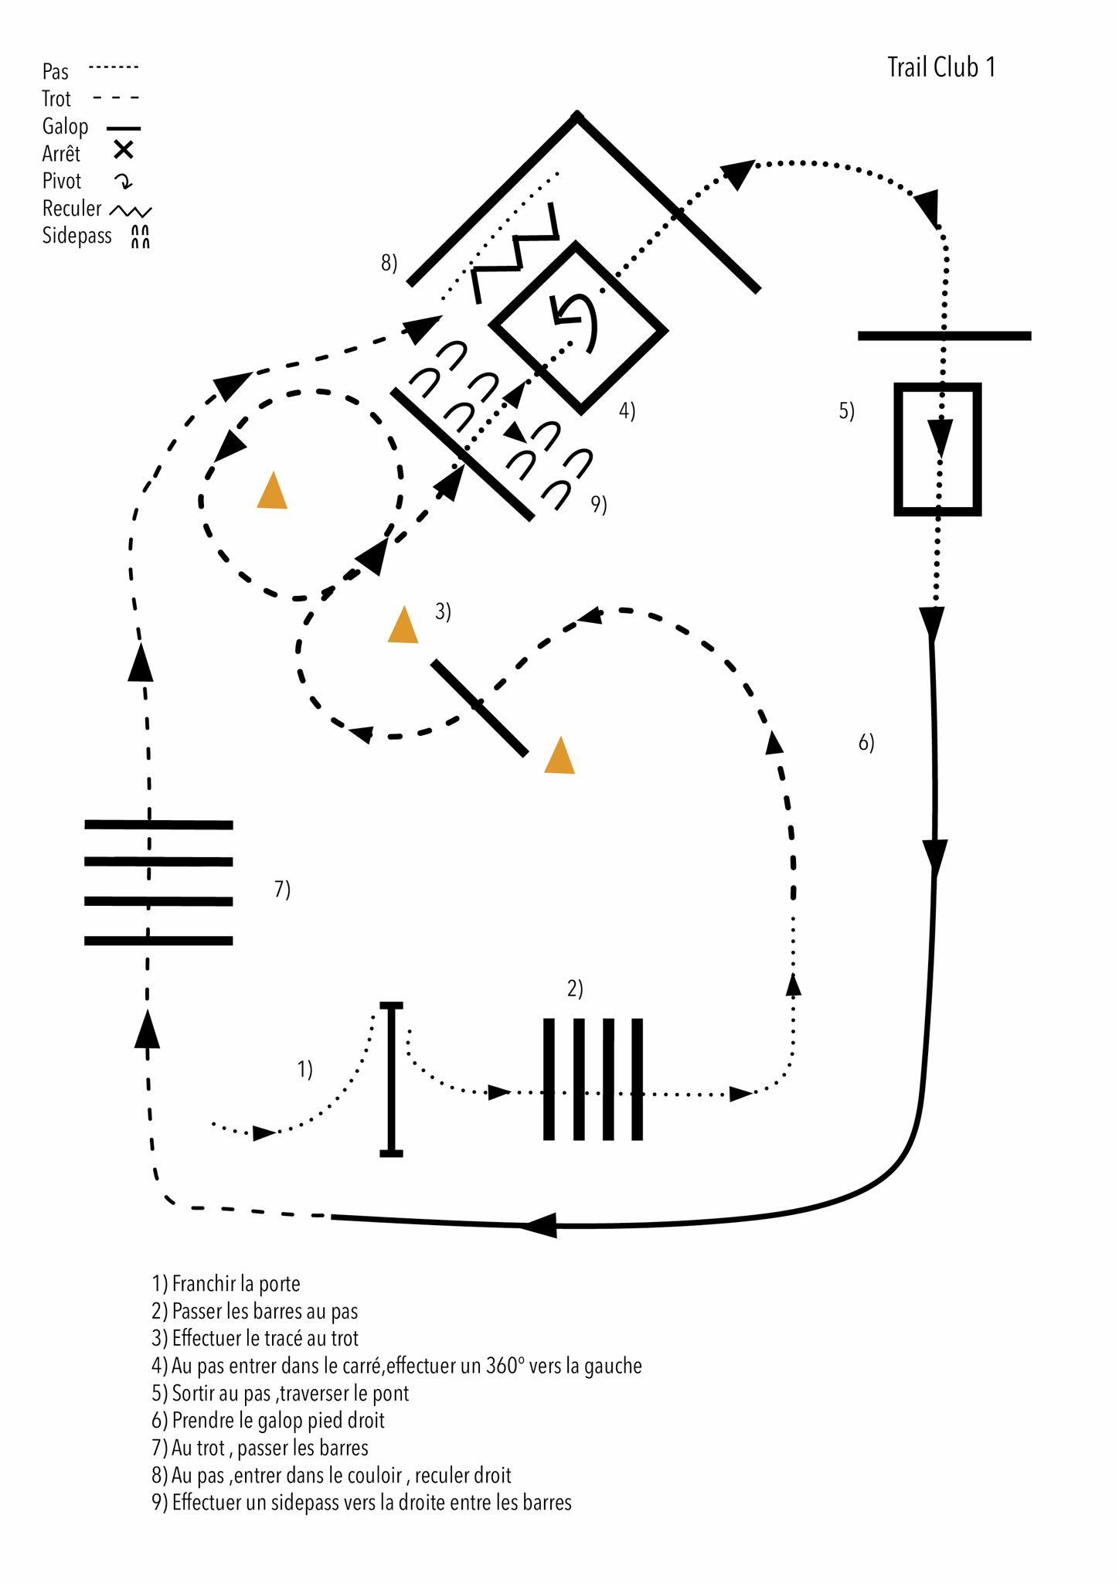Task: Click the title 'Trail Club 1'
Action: point(940,68)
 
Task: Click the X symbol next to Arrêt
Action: point(124,150)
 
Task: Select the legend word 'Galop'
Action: point(65,126)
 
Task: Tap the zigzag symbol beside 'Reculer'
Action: point(131,210)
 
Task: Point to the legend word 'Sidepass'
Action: point(77,236)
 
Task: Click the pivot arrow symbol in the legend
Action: point(124,182)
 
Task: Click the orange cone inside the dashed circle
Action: point(272,492)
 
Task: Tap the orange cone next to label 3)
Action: point(403,626)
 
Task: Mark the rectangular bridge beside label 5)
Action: point(937,449)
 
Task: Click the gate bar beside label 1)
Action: point(392,1079)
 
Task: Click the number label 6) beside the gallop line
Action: point(866,743)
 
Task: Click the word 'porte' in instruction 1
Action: point(280,1284)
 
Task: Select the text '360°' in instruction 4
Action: point(505,1366)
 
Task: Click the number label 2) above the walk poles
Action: point(575,989)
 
